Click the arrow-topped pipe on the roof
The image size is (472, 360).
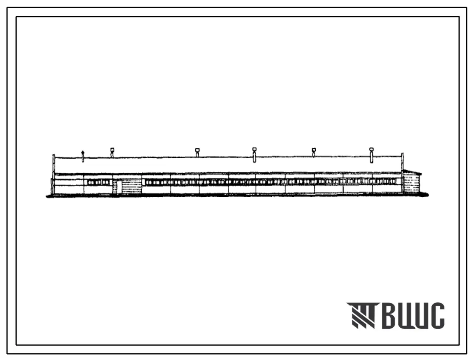pos(83,156)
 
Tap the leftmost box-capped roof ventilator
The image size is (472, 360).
pos(112,152)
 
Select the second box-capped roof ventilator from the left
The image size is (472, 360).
pos(197,152)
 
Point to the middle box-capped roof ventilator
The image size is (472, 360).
pos(254,155)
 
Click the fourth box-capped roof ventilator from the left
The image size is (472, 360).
pos(313,152)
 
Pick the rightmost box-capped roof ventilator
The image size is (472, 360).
pos(371,155)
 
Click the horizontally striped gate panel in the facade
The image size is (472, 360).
pos(131,186)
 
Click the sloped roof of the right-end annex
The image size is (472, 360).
pos(412,172)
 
